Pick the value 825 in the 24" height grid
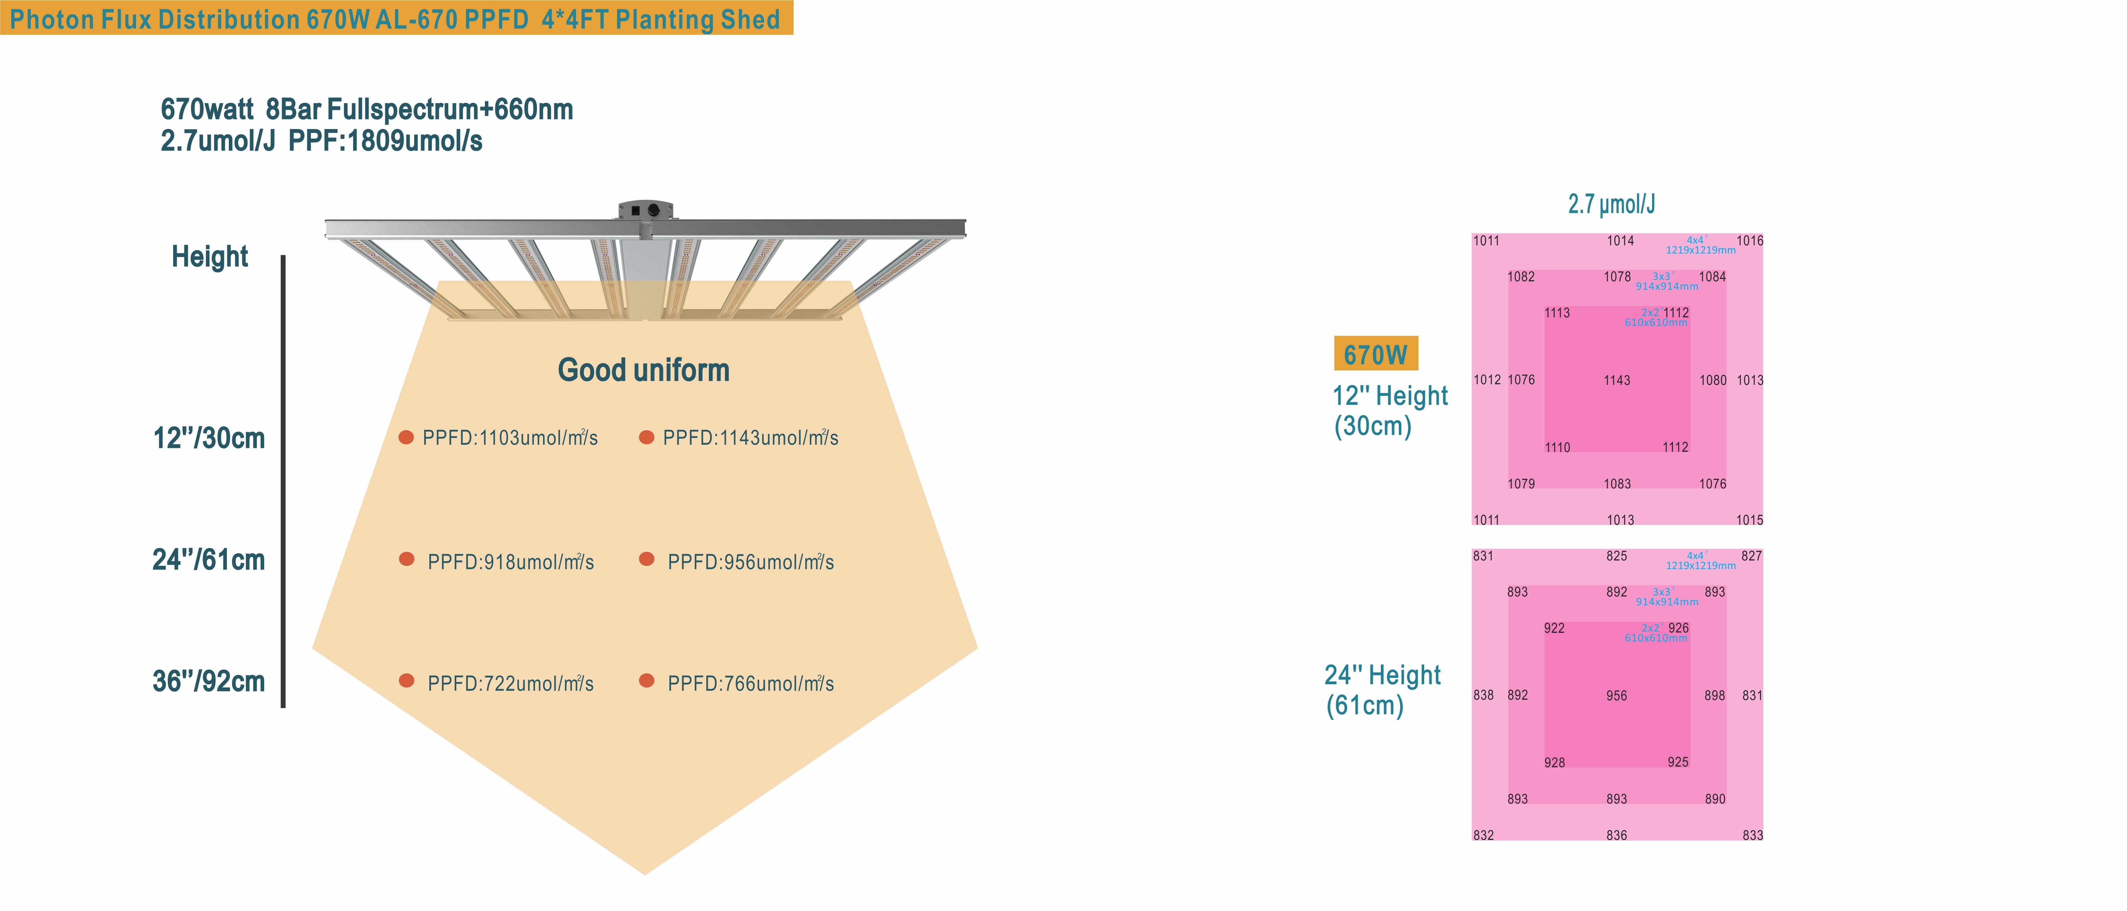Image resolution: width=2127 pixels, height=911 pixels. tap(1616, 556)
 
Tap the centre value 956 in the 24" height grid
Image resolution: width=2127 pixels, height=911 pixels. tap(1616, 696)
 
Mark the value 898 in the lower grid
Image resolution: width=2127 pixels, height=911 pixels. tap(1714, 696)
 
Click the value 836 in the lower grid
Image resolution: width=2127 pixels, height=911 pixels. tap(1616, 835)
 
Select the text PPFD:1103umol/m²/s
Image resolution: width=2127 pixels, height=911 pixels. tap(509, 438)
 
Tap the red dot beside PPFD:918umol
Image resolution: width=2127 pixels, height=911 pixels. tap(406, 559)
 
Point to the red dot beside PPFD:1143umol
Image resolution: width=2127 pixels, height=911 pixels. tap(647, 437)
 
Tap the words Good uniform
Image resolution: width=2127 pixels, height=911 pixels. tap(643, 370)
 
